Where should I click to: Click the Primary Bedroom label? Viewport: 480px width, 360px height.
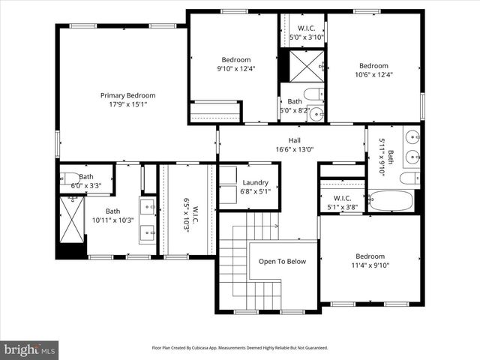(128, 95)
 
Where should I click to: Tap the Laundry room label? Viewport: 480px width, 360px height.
(256, 182)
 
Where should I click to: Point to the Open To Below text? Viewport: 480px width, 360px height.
(283, 261)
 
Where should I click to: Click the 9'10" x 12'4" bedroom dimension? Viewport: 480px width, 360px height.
(235, 69)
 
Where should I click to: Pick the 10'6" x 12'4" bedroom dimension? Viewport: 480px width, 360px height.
(373, 74)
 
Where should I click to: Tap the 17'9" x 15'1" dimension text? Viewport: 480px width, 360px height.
(128, 104)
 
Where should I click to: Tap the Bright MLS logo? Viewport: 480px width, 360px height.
(29, 349)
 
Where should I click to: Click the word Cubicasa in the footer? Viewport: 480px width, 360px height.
(208, 348)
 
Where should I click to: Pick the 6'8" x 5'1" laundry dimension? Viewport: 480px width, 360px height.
(256, 191)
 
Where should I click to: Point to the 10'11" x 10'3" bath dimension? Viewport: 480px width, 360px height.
(112, 220)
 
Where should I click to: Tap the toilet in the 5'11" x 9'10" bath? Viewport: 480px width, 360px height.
(409, 178)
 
